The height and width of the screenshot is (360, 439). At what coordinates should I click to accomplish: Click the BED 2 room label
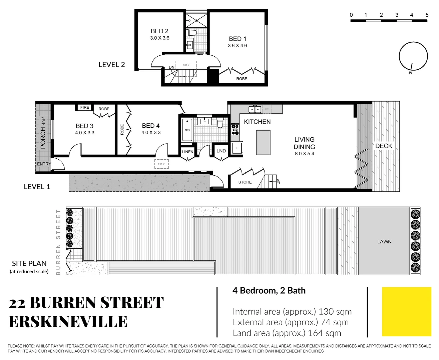(159, 31)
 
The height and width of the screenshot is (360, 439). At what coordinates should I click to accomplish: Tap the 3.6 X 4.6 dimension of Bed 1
(237, 46)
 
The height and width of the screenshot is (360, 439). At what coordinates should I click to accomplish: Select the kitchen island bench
(263, 142)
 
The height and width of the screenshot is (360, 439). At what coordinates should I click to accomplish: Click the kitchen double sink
(255, 109)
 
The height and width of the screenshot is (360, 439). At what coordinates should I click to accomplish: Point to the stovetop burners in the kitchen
(235, 129)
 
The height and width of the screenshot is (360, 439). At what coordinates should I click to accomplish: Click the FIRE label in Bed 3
(85, 107)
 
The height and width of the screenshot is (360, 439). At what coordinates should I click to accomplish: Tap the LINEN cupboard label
(187, 152)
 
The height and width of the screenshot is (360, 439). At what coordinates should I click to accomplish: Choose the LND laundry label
(221, 151)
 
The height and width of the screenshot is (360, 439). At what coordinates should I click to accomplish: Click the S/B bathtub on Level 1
(187, 130)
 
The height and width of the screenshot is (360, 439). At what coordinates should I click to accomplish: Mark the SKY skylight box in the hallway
(161, 164)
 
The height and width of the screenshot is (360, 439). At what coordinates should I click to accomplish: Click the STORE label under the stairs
(245, 182)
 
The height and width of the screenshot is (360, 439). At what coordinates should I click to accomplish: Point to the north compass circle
(413, 56)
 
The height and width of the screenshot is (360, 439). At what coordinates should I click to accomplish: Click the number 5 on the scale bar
(427, 15)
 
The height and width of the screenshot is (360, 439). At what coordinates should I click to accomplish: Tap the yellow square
(406, 311)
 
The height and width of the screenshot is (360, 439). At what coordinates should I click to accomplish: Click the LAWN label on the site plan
(384, 242)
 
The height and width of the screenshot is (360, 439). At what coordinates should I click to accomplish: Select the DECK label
(384, 146)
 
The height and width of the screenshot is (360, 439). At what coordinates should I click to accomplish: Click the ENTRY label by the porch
(44, 164)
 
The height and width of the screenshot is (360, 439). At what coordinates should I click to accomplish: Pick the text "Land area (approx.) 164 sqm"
(287, 333)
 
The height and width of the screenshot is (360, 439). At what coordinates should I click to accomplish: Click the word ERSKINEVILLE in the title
(68, 322)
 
